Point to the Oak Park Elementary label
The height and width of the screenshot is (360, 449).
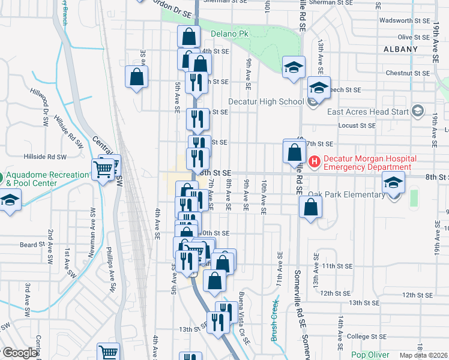click(346, 194)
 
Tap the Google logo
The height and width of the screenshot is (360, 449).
click(19, 352)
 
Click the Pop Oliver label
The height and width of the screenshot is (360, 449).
click(370, 355)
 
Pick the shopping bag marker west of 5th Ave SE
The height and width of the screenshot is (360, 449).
click(136, 77)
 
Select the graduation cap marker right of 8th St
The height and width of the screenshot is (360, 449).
click(393, 182)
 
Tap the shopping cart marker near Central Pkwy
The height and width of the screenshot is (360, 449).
click(103, 170)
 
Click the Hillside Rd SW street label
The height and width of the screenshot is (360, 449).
click(45, 156)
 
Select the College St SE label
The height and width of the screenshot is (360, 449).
click(367, 336)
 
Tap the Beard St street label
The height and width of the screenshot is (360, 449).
click(28, 244)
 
